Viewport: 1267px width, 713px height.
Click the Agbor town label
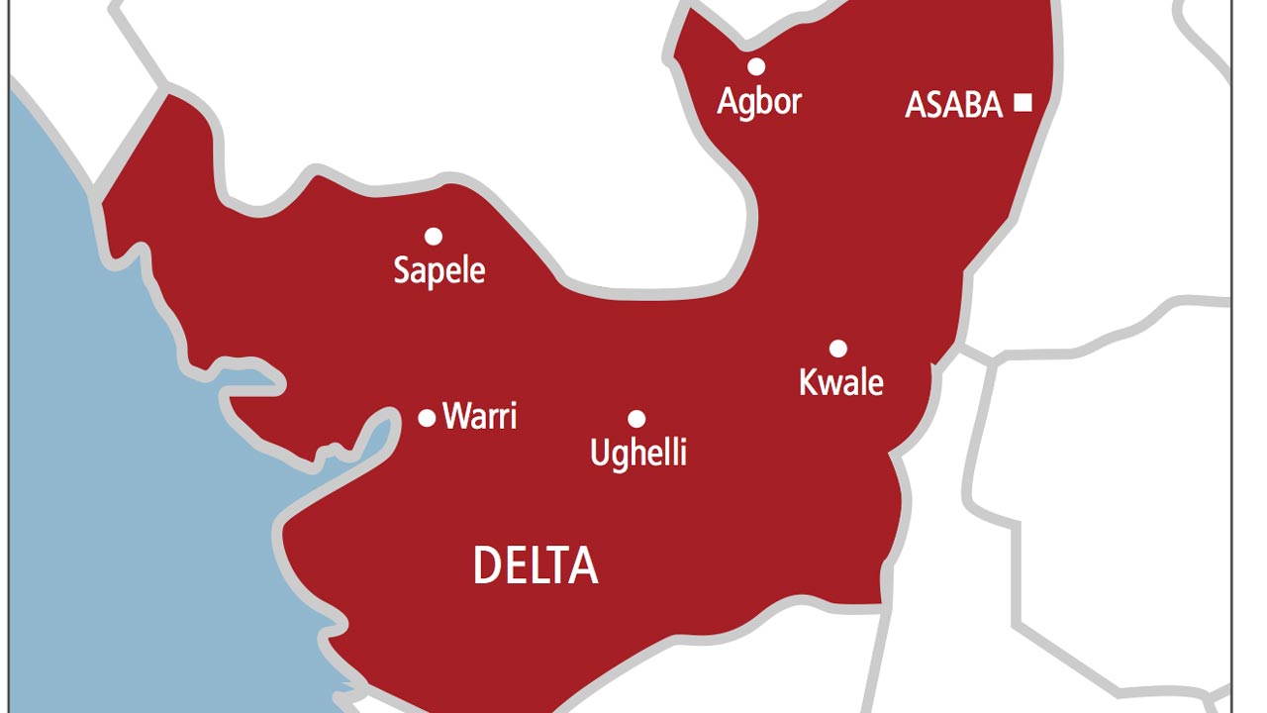(759, 101)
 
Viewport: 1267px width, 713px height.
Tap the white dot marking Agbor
(756, 66)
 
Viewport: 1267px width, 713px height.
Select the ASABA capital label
(954, 105)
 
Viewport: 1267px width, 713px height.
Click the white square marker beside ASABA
(1023, 102)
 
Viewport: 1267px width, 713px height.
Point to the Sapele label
(439, 270)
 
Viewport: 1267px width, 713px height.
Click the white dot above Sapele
(434, 236)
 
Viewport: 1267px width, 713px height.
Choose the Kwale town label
(841, 382)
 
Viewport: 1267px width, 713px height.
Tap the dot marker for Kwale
(838, 348)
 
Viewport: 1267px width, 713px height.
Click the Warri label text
(480, 416)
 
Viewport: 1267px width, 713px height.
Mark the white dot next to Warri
(427, 418)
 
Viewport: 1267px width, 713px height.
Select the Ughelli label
(638, 453)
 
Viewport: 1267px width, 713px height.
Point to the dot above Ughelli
(636, 419)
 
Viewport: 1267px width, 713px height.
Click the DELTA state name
(536, 565)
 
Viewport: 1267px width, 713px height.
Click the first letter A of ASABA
(916, 105)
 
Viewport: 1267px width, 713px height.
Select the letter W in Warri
(456, 416)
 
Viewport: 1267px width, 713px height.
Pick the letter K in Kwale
(809, 382)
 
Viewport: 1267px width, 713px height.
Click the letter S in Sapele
(402, 269)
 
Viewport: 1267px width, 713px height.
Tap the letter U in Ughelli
(600, 453)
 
